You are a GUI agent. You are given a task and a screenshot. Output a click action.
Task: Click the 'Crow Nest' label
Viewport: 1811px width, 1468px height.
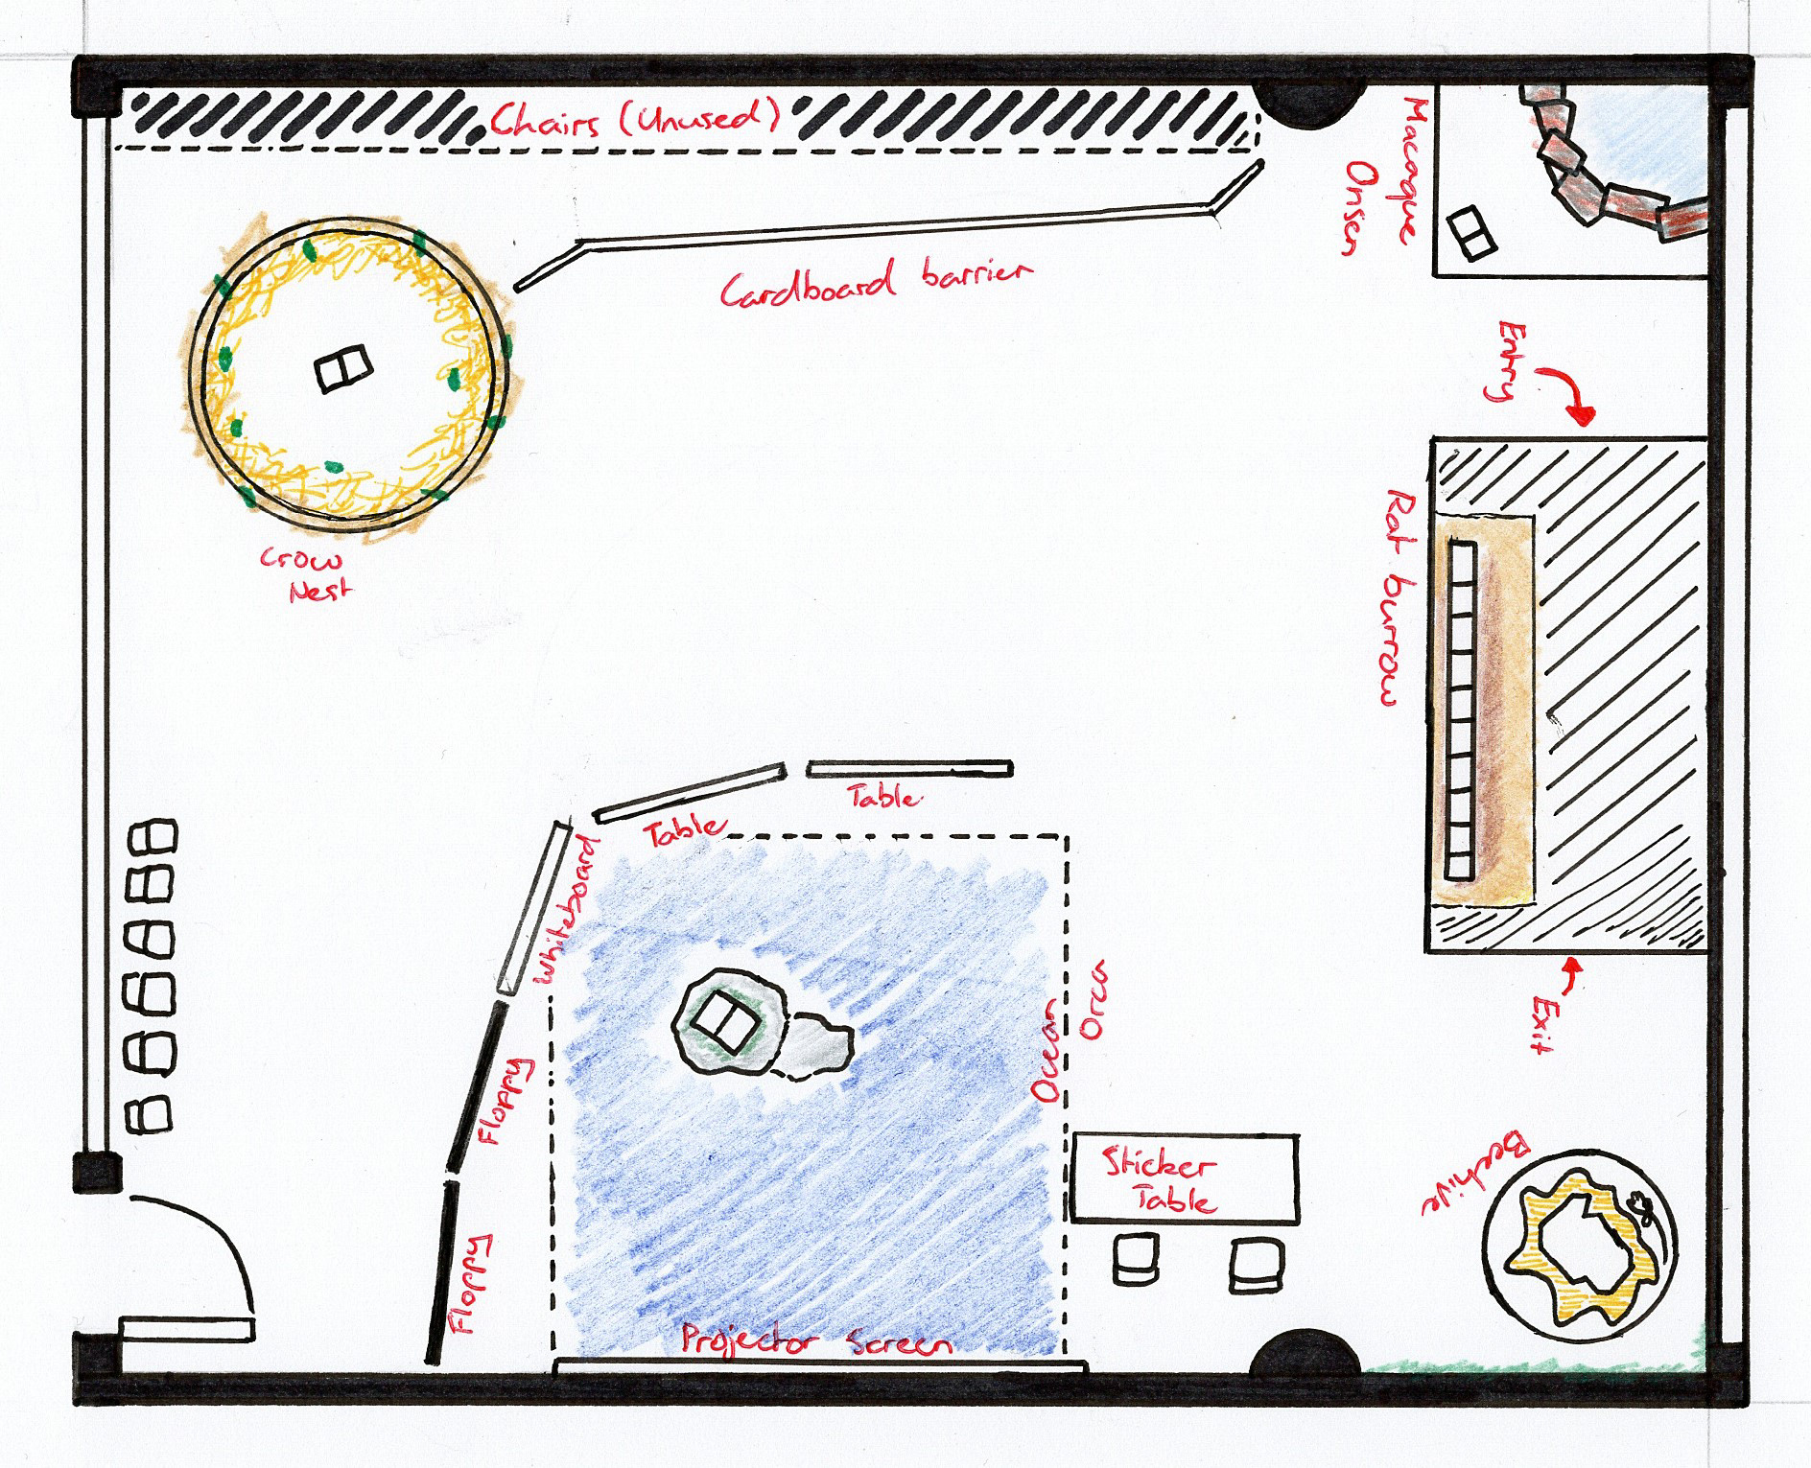tap(306, 573)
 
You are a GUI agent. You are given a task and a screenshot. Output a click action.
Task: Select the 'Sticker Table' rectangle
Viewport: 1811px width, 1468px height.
tap(1184, 1179)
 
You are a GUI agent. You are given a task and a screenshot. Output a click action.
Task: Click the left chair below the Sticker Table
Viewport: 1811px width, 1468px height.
tap(1136, 1260)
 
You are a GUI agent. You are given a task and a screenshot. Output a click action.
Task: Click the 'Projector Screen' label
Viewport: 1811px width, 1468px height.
tap(816, 1340)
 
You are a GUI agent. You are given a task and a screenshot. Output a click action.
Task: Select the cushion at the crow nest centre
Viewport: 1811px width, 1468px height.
tap(343, 369)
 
